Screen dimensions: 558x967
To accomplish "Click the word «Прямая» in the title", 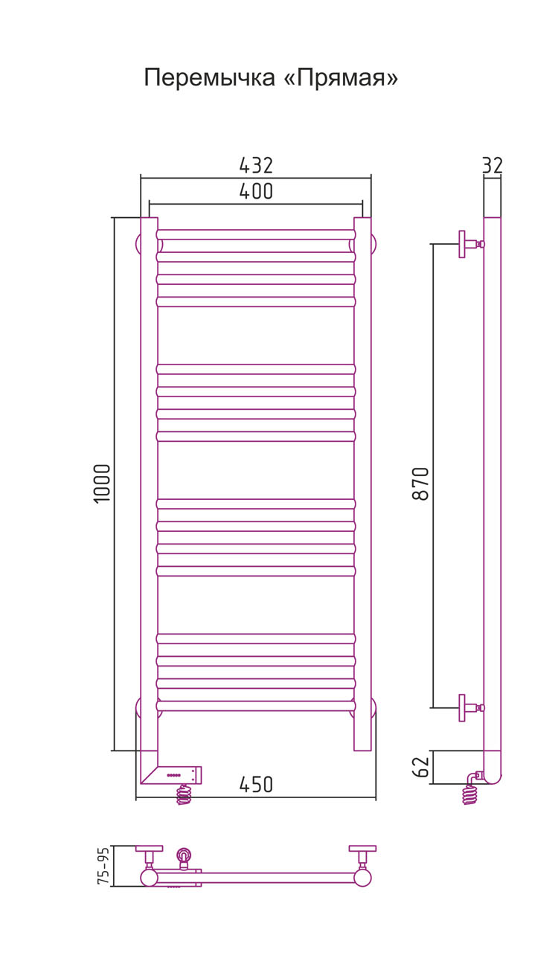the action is click(x=341, y=78).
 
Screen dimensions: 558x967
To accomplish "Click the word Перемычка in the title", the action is click(x=209, y=78).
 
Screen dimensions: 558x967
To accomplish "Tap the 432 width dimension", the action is click(x=256, y=165).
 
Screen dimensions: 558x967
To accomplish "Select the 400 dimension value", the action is click(x=256, y=191).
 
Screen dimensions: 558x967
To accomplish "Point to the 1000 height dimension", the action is click(x=103, y=483).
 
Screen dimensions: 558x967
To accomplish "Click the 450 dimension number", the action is click(x=256, y=785).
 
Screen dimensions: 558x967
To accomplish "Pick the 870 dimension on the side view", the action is click(x=420, y=483).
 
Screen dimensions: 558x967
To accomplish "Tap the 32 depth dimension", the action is click(x=493, y=165).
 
